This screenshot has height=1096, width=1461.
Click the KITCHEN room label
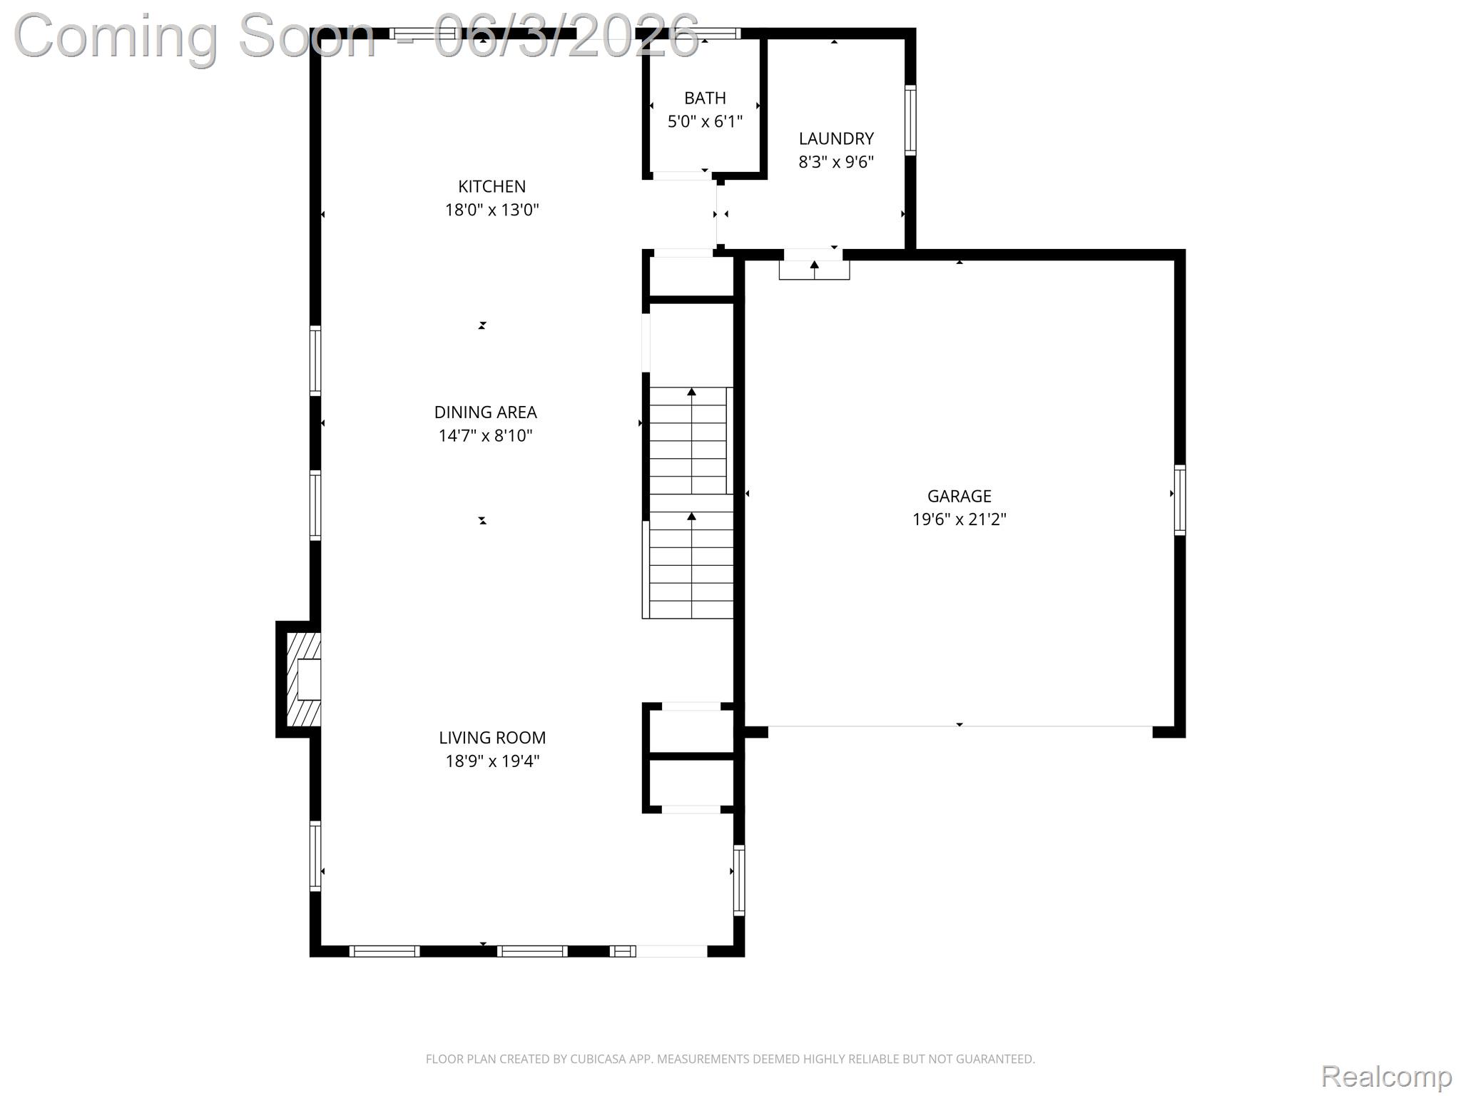(492, 186)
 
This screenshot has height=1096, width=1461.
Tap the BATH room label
(705, 98)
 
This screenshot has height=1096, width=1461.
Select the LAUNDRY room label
(836, 138)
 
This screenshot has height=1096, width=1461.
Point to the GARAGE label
(959, 496)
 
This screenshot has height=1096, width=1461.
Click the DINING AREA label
(485, 412)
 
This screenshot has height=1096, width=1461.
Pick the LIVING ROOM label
(492, 737)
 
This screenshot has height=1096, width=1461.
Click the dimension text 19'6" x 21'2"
(959, 519)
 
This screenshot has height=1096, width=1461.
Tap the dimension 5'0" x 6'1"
(705, 121)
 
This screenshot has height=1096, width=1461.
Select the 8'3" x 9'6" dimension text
(836, 161)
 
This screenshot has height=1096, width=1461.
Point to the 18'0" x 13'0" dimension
(492, 209)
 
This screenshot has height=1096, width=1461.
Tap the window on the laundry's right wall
(910, 120)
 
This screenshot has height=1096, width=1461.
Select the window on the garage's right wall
(1180, 499)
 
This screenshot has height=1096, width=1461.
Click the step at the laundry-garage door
(814, 270)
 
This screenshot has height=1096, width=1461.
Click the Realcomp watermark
(1386, 1076)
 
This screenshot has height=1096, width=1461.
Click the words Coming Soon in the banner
(194, 36)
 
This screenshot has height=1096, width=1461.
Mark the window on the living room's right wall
(739, 880)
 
